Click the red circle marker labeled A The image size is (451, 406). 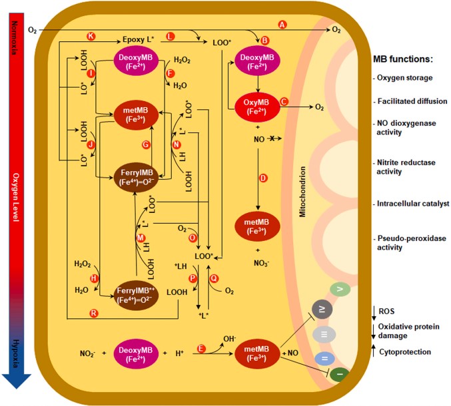(282, 24)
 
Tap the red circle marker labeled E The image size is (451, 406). (201, 347)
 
